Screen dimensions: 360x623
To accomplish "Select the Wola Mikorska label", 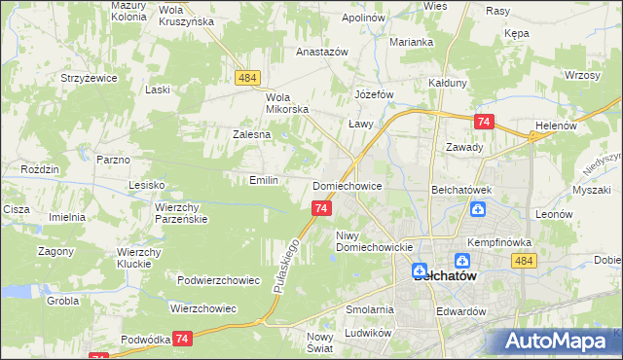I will pyautogui.click(x=287, y=102).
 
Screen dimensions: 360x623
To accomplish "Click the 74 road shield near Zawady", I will pyautogui.click(x=484, y=122).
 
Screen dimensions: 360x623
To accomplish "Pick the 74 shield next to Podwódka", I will pyautogui.click(x=183, y=338).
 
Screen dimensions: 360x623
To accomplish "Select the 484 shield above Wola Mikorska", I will pyautogui.click(x=245, y=78).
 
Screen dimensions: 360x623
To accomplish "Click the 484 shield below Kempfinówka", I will pyautogui.click(x=524, y=260).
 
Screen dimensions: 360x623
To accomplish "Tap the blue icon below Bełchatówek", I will pyautogui.click(x=478, y=209).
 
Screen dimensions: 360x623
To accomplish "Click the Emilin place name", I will pyautogui.click(x=264, y=180).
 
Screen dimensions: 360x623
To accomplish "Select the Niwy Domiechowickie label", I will pyautogui.click(x=375, y=241).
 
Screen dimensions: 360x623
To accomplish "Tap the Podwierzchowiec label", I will pyautogui.click(x=218, y=280).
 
